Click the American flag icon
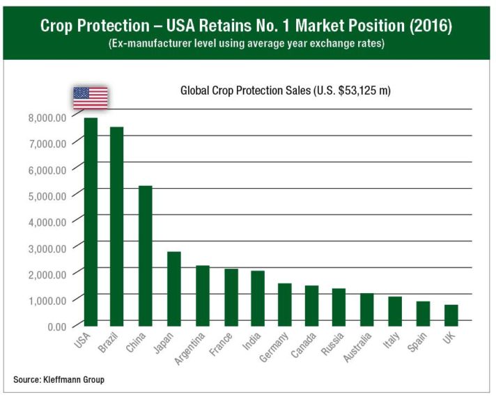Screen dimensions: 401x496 [x=91, y=97]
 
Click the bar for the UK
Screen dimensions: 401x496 [x=451, y=315]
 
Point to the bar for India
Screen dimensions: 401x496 [x=257, y=298]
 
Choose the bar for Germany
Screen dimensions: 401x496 [x=285, y=304]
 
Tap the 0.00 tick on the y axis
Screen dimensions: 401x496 [x=55, y=326]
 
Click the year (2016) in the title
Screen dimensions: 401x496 [x=428, y=26]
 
